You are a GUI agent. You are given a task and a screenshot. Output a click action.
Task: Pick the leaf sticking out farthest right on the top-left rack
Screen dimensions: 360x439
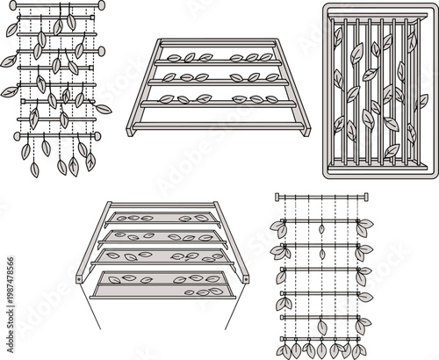(x=104, y=110)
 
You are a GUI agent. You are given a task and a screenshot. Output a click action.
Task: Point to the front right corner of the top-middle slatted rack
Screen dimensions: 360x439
(x=307, y=129)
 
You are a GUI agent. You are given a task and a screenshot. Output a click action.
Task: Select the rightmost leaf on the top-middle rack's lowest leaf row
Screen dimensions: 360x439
(x=272, y=98)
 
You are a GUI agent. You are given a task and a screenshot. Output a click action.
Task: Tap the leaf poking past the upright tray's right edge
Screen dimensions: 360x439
(x=422, y=101)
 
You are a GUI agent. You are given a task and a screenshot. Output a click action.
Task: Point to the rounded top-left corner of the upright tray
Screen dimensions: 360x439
(x=328, y=8)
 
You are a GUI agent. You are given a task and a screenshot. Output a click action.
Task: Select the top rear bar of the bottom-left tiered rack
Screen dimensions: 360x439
(x=162, y=205)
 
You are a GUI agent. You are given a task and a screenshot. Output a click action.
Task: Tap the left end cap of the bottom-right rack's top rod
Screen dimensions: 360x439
(x=277, y=197)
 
